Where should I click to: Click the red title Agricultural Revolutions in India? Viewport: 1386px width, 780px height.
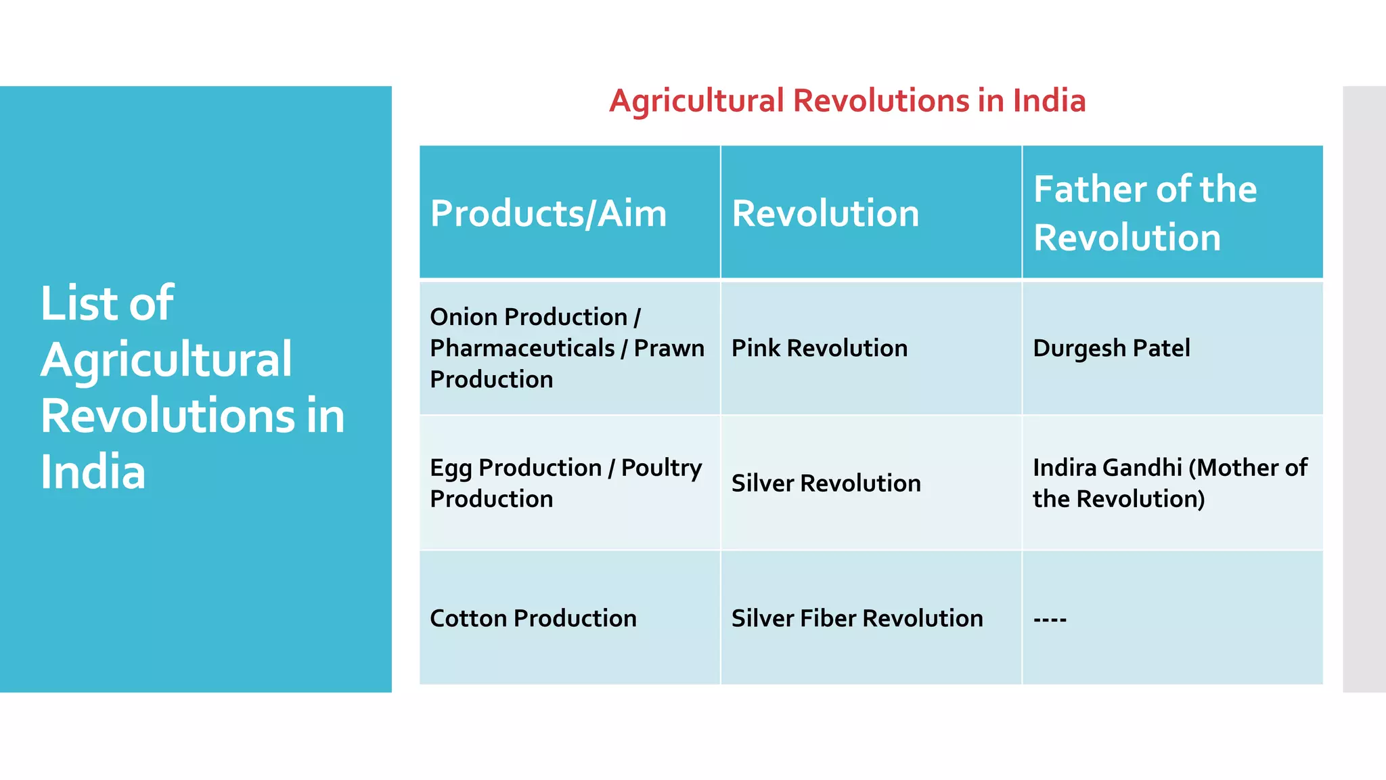847,101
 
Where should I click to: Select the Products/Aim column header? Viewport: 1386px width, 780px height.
548,213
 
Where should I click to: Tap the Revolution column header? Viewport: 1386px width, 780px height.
825,213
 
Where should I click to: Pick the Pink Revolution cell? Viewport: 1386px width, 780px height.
819,348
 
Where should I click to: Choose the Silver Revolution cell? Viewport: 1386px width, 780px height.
826,483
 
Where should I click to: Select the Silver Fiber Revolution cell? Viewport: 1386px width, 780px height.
857,618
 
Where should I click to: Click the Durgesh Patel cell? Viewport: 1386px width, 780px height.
1111,348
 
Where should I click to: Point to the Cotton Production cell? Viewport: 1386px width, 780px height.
533,618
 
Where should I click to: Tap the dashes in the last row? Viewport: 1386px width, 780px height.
1050,619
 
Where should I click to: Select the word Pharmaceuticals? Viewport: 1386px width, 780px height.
522,348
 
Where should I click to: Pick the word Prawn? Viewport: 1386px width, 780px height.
669,348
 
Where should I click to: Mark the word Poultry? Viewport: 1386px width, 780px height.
661,468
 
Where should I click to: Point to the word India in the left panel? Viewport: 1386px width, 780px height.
93,472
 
